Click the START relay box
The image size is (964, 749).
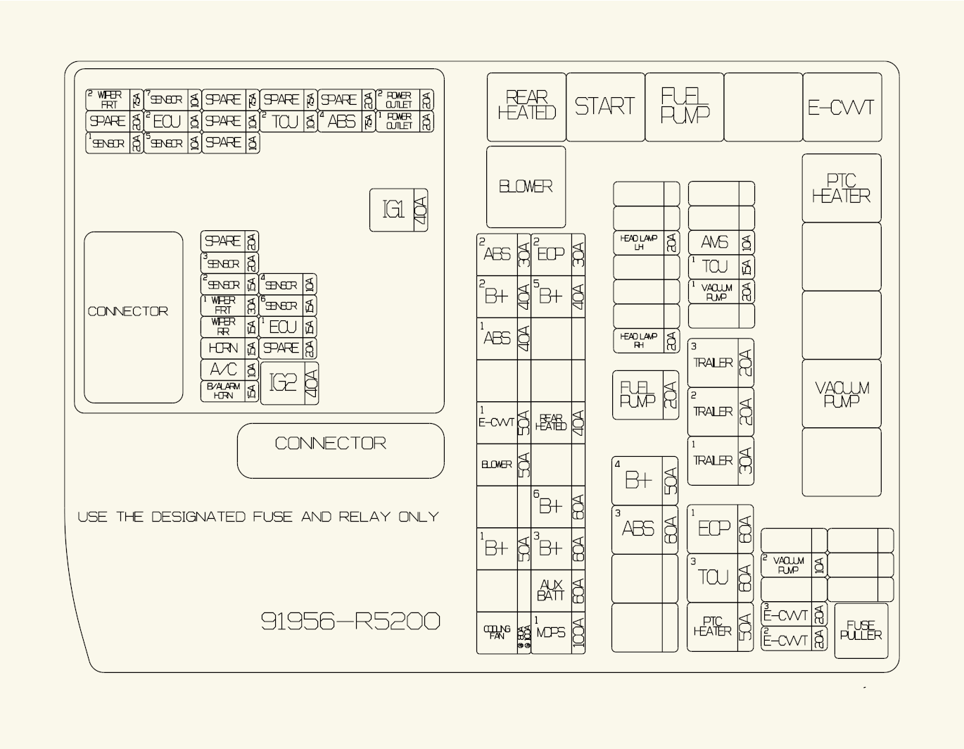click(x=605, y=107)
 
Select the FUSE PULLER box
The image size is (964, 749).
click(x=861, y=630)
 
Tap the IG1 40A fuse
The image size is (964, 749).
click(x=398, y=210)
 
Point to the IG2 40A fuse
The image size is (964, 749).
click(x=289, y=383)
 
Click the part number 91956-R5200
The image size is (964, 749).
click(x=350, y=621)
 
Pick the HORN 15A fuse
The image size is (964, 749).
click(x=229, y=348)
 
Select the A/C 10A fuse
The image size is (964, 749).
click(x=229, y=370)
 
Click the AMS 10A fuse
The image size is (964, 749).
click(x=721, y=243)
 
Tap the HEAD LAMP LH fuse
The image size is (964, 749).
click(x=646, y=243)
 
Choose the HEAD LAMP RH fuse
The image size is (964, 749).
click(x=646, y=341)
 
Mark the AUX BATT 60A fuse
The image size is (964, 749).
click(x=558, y=591)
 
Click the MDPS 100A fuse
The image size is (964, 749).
click(x=558, y=632)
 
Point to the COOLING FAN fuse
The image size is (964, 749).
click(x=503, y=632)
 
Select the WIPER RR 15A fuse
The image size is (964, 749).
click(x=229, y=327)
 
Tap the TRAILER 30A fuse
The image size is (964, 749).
click(x=720, y=460)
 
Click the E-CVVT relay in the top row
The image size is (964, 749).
click(x=842, y=107)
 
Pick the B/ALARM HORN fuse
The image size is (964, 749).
click(x=229, y=391)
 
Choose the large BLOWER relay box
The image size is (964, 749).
click(x=526, y=187)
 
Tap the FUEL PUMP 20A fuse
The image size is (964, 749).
click(x=645, y=395)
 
